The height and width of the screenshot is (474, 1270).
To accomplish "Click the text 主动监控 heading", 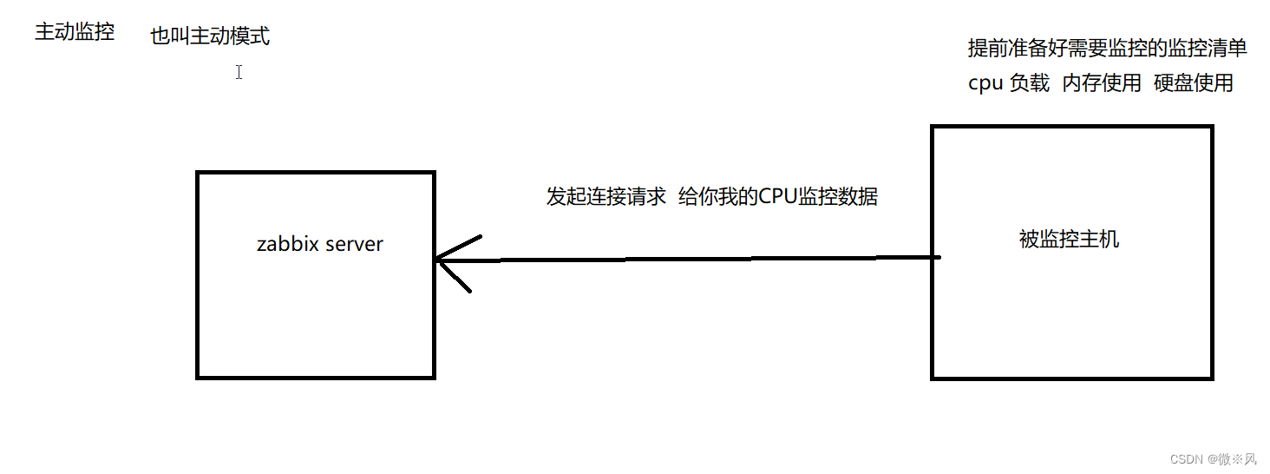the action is coord(75,33).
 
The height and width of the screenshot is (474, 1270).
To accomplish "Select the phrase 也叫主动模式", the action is coord(210,36).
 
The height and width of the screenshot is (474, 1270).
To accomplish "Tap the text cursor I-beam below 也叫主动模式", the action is coord(239,73).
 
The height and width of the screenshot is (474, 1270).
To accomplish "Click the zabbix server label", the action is coord(319,244).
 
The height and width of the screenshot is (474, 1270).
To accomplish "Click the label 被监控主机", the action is coord(1069,240).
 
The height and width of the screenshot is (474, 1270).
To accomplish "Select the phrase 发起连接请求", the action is coord(606,197).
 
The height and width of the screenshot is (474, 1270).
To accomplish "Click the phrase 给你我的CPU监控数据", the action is coord(777,197).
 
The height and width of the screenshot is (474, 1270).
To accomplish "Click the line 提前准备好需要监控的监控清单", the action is coord(1107,48).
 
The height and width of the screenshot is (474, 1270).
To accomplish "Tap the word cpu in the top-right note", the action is coord(985,84).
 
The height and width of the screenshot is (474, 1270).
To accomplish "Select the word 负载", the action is coord(1030,83).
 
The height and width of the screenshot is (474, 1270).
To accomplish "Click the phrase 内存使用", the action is coord(1102,83).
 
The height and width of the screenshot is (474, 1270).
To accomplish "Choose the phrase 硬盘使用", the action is coord(1194,83).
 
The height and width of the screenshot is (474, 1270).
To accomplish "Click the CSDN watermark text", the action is coord(1185,459).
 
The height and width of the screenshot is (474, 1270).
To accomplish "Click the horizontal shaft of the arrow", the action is coord(694,259).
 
